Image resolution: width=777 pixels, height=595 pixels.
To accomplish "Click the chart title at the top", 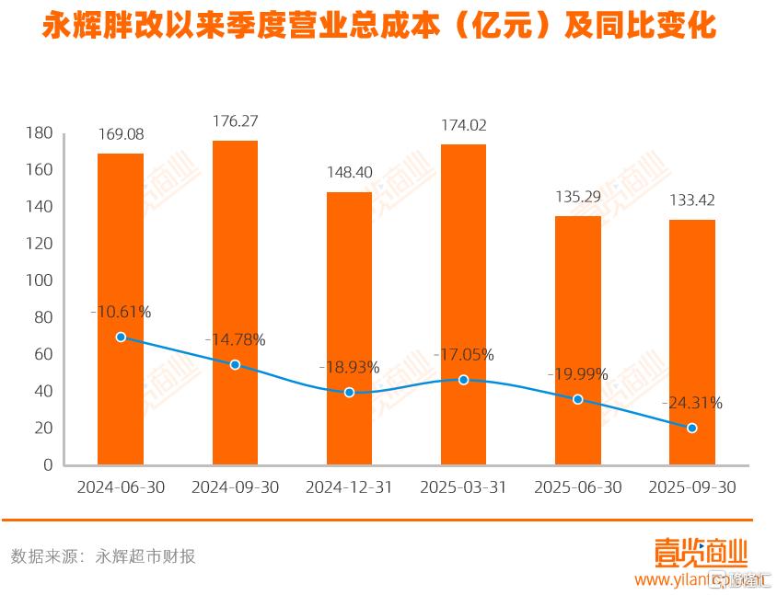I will click(379, 27).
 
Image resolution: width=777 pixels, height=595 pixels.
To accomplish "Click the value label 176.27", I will click(235, 120).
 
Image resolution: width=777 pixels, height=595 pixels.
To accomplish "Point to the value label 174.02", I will click(463, 125).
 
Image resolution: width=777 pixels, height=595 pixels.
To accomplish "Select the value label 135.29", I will click(577, 196).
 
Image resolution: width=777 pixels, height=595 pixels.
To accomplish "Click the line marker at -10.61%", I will click(121, 338).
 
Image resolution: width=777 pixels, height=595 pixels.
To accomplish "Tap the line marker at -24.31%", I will click(692, 428).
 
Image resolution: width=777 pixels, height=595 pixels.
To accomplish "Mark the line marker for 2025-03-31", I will click(464, 380).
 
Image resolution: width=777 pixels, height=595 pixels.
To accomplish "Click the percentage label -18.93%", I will click(349, 367).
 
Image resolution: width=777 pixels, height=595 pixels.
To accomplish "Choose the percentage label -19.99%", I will click(577, 374).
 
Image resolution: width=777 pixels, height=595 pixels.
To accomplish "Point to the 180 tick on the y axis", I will click(40, 133).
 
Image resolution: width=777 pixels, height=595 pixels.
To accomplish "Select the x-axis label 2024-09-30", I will click(235, 487).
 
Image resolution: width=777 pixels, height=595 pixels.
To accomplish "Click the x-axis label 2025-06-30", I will click(577, 487).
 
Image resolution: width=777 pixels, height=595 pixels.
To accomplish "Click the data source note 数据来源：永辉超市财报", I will click(103, 556).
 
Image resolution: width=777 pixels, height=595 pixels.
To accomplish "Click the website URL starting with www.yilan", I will click(686, 580).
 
